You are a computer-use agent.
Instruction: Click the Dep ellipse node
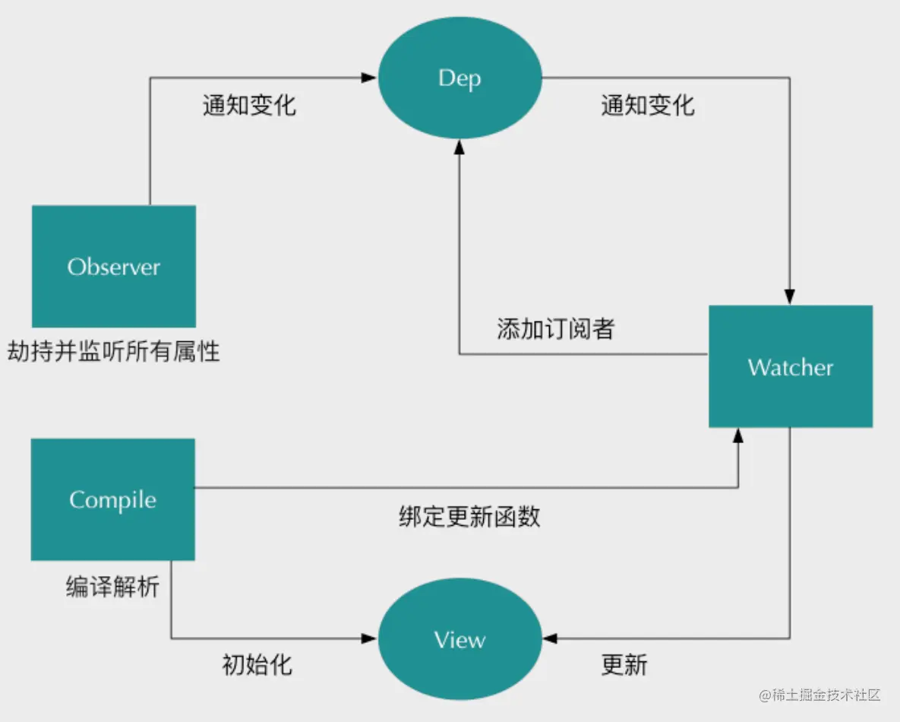point(459,78)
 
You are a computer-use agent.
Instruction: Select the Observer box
point(114,267)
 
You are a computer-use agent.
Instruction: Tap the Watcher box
point(791,366)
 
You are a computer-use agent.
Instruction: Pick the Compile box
point(113,500)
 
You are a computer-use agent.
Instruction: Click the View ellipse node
point(459,638)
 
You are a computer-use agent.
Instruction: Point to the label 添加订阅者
point(556,329)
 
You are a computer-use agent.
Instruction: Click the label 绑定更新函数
point(469,516)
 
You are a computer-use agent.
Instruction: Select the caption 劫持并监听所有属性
point(114,351)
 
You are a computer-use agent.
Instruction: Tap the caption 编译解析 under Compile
point(112,587)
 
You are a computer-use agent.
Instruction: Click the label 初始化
point(257,664)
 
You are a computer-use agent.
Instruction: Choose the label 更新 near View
point(624,664)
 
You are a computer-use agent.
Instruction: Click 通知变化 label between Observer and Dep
point(249,105)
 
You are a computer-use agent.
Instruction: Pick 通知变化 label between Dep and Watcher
point(648,105)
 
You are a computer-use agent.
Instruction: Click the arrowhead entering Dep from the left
point(369,78)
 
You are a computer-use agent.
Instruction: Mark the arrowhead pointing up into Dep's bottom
point(459,147)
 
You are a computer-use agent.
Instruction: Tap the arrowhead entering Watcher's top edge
point(790,297)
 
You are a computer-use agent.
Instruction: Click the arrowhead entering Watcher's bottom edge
point(738,435)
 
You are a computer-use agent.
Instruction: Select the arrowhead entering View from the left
point(369,638)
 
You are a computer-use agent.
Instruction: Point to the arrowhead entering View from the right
point(550,638)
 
